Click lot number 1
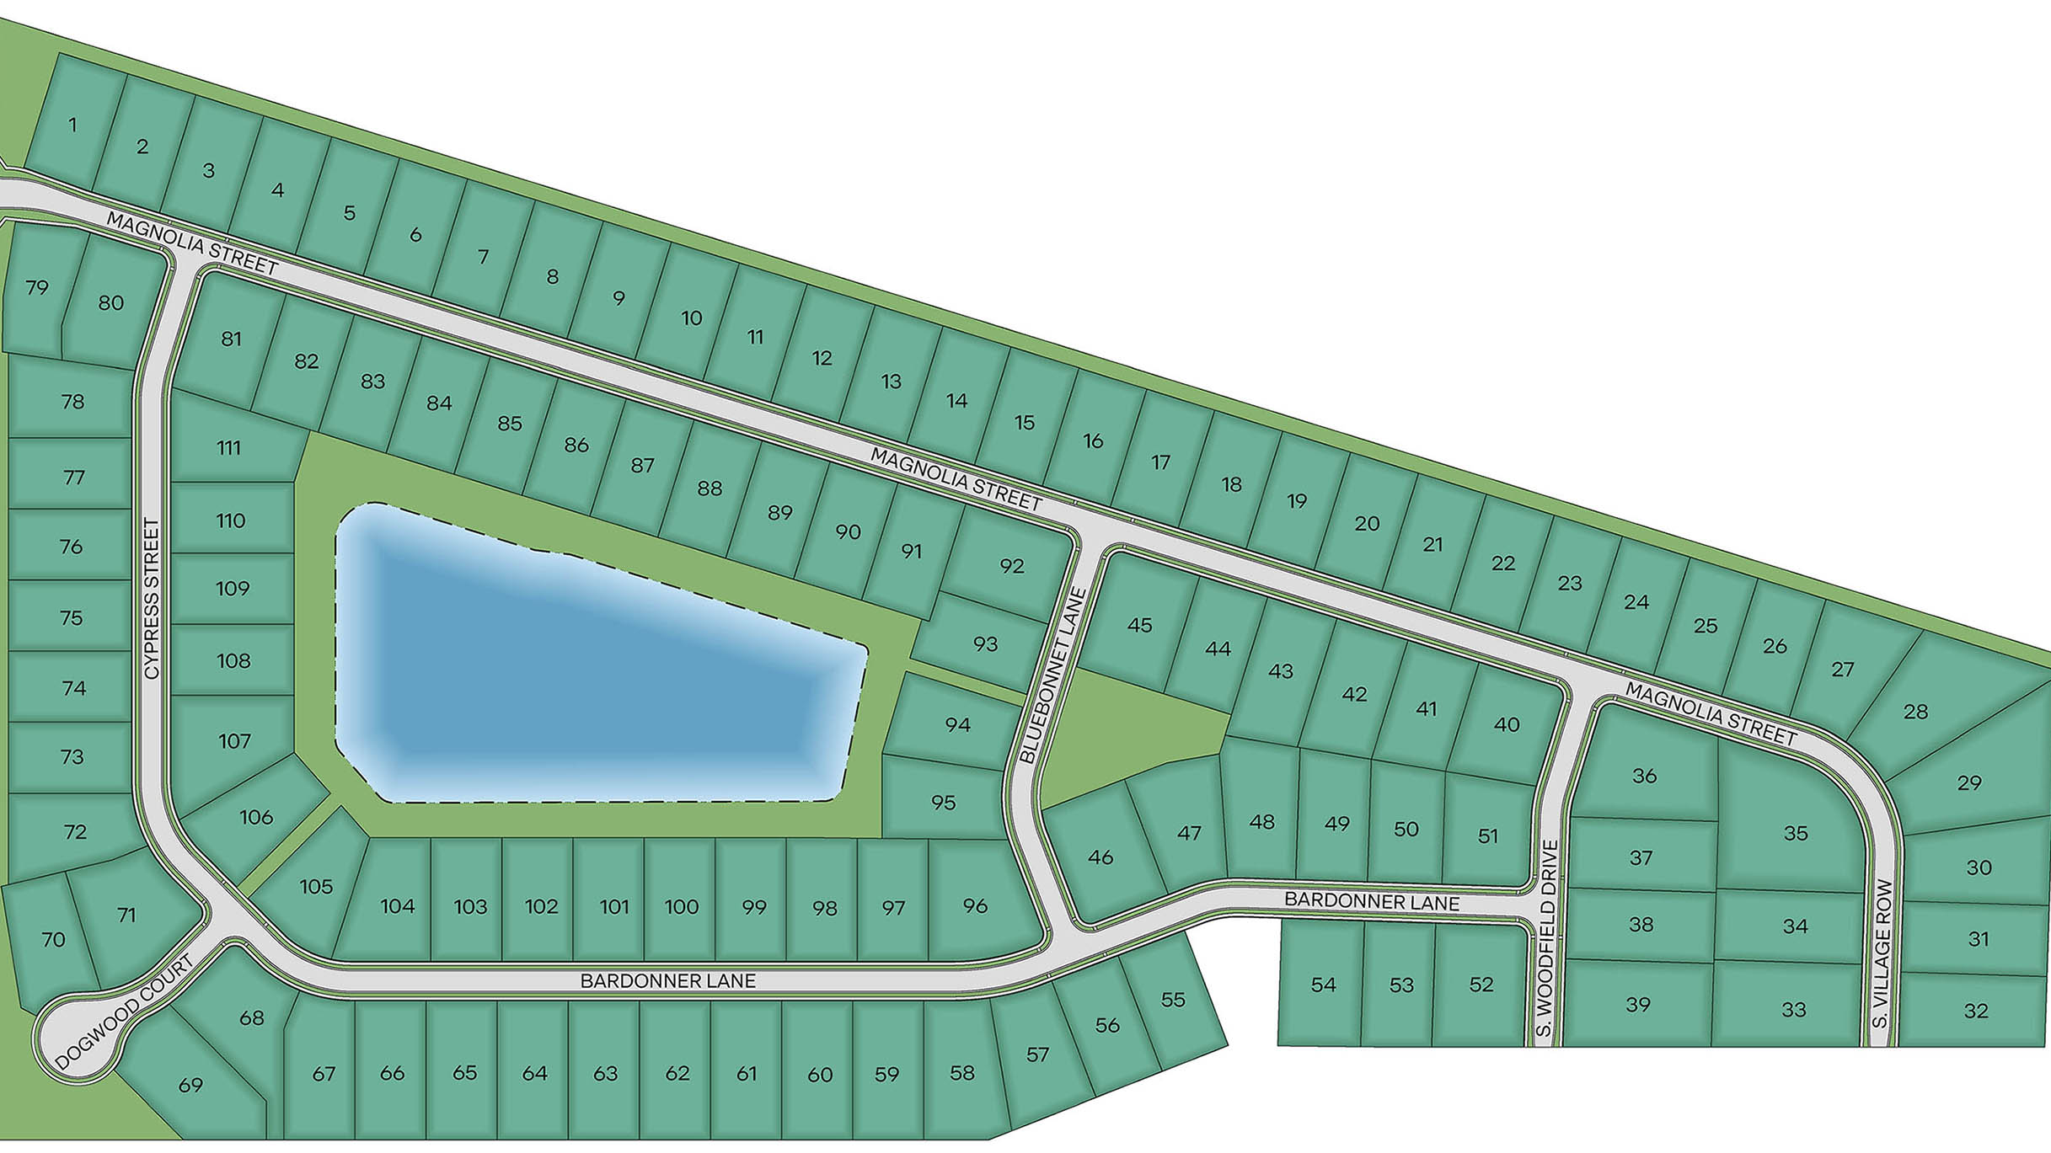[73, 125]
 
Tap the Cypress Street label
[152, 598]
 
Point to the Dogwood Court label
[125, 1013]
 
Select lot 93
[985, 644]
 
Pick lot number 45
[1139, 626]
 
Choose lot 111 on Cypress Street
[228, 447]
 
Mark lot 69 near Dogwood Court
[190, 1085]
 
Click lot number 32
[1976, 1011]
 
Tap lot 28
[1915, 712]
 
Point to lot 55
[1173, 1000]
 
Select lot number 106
[256, 817]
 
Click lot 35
[1796, 833]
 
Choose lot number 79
[37, 288]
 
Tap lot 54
[1323, 985]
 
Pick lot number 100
[681, 907]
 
